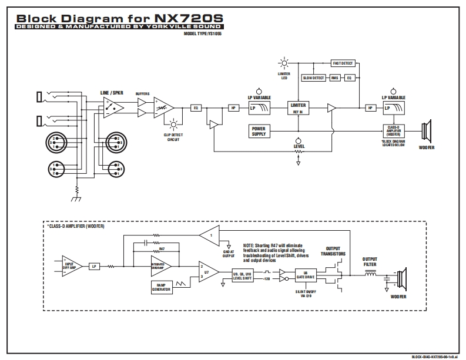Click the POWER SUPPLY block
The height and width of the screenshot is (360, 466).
[x=259, y=131]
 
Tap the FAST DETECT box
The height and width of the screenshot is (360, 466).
[x=343, y=63]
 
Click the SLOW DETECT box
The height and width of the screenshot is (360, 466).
[x=313, y=78]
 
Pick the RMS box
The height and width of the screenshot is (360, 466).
[x=335, y=78]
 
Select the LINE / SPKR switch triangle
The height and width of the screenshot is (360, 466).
[x=112, y=107]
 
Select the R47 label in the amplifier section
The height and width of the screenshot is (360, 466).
[x=162, y=250]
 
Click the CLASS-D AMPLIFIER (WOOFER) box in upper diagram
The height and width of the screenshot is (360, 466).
[x=394, y=130]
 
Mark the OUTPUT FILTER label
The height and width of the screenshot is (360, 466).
[x=370, y=261]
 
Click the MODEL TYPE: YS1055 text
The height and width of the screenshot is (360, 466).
[x=203, y=34]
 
